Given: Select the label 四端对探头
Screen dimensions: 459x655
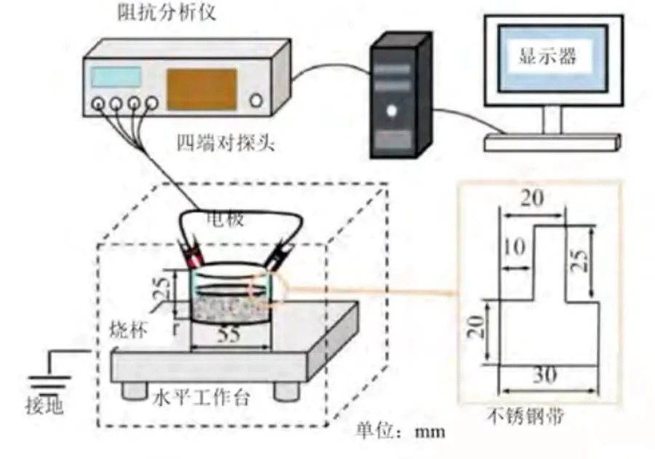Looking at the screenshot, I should pos(216,142).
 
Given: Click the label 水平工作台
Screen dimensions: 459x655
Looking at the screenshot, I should pos(202,398).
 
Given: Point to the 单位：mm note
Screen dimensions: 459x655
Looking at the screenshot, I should pos(400,431).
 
